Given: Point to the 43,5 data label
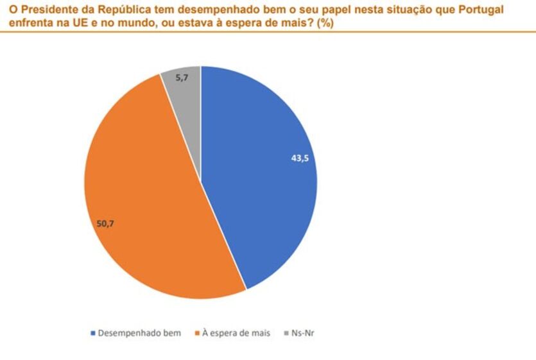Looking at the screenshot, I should (300, 158).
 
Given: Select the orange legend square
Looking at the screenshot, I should (196, 334).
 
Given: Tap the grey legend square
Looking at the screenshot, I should (286, 334).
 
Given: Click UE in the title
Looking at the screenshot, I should (69, 22).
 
